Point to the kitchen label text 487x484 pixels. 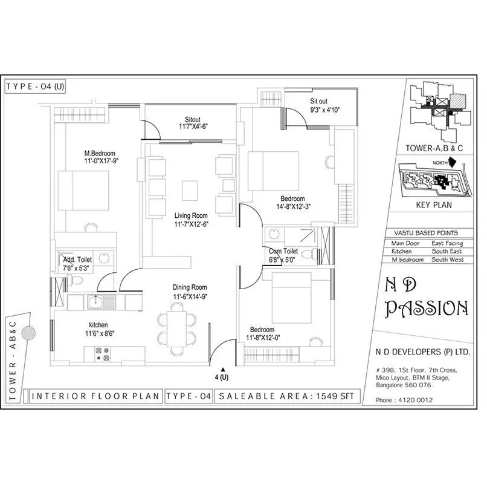(x=99, y=324)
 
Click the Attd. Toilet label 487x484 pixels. (x=77, y=259)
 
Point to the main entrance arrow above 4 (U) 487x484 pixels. (x=223, y=369)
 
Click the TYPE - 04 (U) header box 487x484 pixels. (x=35, y=86)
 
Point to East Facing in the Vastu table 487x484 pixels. (x=446, y=243)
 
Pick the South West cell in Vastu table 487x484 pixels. (x=447, y=259)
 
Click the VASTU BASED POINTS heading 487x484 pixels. (x=430, y=233)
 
